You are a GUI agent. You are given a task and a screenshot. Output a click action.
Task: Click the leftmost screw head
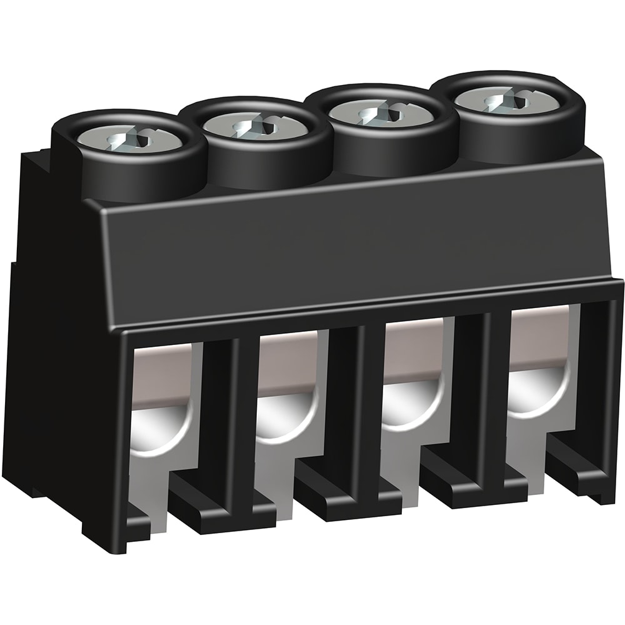[x=130, y=138]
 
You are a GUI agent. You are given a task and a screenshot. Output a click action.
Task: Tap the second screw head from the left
[x=255, y=127]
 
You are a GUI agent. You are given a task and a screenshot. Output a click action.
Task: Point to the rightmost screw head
[x=508, y=100]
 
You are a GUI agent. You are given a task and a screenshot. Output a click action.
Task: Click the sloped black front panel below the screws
[x=350, y=244]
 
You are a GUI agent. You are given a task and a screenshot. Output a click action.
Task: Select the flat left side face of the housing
[x=50, y=344]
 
